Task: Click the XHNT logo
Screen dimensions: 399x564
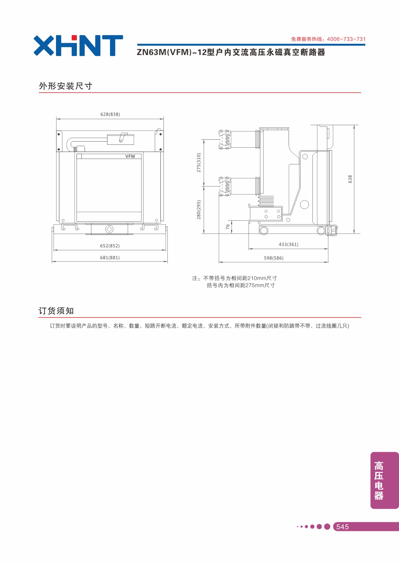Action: [x=78, y=45]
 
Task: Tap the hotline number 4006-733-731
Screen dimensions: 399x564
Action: [x=346, y=39]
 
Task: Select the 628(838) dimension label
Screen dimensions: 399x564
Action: [x=110, y=114]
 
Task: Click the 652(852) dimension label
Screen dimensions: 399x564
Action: [x=110, y=246]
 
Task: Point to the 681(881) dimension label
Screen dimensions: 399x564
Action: [x=110, y=258]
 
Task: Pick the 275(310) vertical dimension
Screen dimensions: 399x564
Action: [x=199, y=162]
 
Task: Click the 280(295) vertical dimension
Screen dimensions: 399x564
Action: [x=199, y=210]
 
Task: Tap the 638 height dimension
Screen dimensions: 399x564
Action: [x=350, y=179]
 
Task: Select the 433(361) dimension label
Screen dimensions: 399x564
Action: [x=288, y=245]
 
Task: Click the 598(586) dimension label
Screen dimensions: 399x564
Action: [x=274, y=258]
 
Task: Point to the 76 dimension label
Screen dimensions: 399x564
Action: [x=228, y=227]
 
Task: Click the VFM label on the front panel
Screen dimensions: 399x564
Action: [x=130, y=156]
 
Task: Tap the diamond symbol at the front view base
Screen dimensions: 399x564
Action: [x=109, y=229]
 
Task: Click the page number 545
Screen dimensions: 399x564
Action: [x=342, y=527]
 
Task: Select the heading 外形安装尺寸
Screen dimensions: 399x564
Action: [x=66, y=86]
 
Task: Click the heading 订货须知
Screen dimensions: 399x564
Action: [x=56, y=311]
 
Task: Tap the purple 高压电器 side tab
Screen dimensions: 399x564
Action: [x=385, y=480]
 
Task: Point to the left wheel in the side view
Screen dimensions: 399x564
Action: [x=264, y=230]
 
